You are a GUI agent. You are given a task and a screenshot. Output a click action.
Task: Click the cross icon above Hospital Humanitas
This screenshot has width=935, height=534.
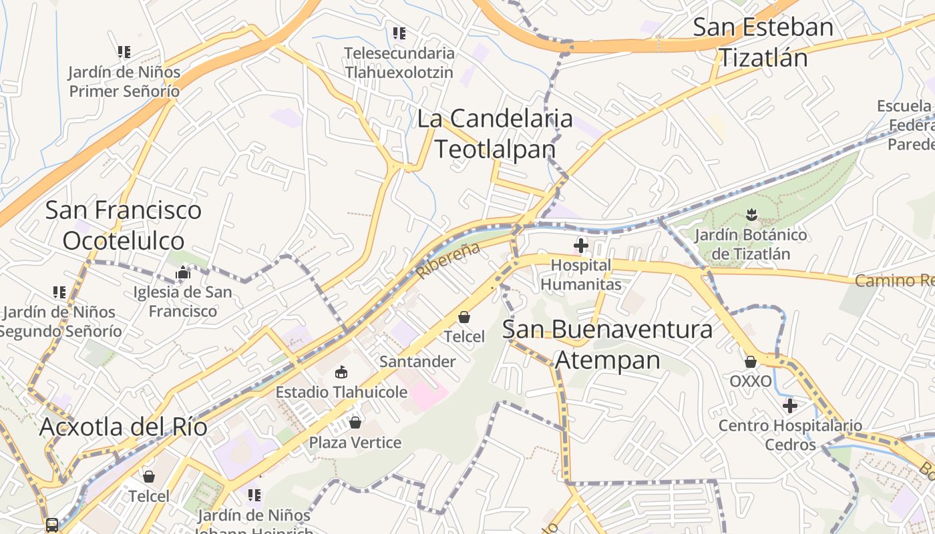point(581,246)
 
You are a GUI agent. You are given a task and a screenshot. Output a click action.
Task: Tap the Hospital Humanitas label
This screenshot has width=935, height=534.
point(580,275)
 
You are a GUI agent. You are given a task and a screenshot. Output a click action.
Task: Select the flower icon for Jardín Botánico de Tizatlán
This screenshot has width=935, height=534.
point(751,215)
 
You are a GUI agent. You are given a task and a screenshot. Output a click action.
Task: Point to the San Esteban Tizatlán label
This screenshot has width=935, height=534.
point(763,43)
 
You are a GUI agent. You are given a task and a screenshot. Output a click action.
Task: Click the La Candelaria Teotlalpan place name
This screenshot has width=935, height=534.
point(495,133)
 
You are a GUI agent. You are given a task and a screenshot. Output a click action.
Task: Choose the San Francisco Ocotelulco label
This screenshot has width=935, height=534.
point(124,225)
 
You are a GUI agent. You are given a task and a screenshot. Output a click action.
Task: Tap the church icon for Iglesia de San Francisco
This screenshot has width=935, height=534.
point(183,272)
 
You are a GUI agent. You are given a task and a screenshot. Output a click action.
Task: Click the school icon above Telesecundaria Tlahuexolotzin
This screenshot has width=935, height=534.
point(399,33)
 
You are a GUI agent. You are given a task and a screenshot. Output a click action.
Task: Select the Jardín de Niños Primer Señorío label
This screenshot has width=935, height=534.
point(125,81)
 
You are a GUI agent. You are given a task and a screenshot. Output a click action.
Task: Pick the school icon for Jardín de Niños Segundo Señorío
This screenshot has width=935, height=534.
point(59,292)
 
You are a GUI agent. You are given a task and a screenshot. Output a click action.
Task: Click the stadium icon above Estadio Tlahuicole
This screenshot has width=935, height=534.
point(341,372)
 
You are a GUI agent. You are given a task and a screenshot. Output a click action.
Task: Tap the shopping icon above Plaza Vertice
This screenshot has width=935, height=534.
point(355,423)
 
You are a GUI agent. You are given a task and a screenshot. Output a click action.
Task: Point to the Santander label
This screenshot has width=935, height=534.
point(417,362)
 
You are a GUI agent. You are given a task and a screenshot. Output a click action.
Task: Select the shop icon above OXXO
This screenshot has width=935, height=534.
point(751,362)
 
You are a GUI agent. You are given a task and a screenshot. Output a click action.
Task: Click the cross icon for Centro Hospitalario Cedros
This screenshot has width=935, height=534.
point(790,405)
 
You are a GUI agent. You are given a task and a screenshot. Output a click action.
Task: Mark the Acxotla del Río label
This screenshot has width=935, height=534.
point(124,427)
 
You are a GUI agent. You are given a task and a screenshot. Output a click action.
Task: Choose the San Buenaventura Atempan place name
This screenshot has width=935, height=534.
point(607,344)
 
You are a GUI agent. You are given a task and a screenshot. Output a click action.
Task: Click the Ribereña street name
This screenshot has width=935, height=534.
point(448,260)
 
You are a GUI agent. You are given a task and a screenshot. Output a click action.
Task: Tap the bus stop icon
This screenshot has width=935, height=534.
point(52,525)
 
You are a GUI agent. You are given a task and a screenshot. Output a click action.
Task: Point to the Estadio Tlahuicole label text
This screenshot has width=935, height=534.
point(341,392)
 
